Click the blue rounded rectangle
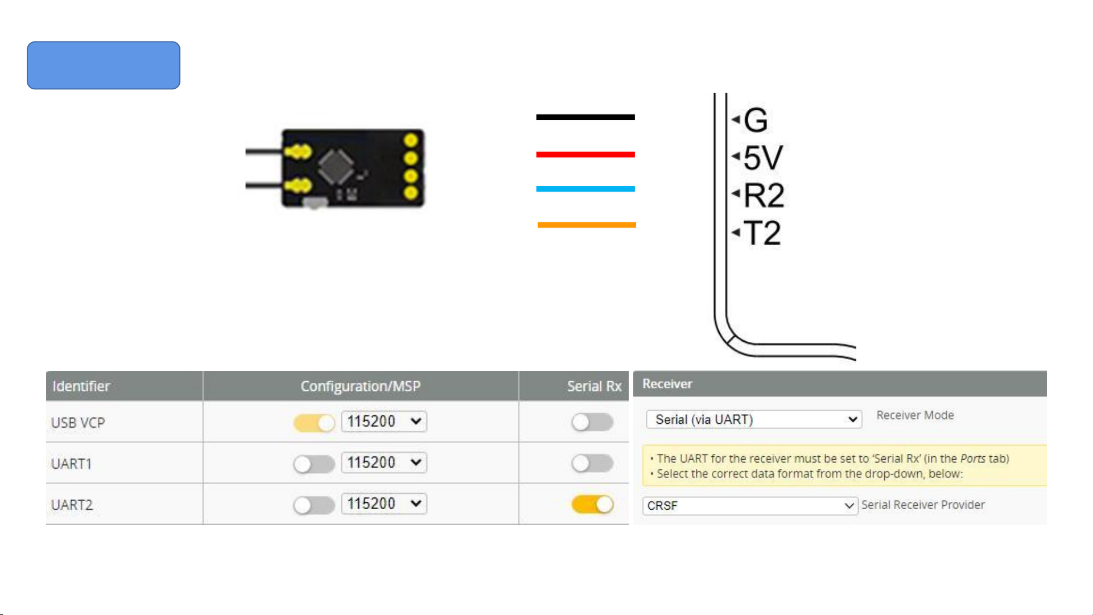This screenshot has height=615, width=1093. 104,65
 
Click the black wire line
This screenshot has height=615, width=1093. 585,117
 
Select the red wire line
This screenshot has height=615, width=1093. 585,154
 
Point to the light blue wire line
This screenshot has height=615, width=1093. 585,189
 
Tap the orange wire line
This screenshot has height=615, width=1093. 587,225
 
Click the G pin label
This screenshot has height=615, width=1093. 756,120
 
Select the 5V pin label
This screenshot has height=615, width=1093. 764,158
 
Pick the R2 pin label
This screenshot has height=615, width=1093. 764,195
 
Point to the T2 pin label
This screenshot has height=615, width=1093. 762,233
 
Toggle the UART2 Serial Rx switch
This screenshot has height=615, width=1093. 592,504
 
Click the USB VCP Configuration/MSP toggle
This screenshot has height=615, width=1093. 314,423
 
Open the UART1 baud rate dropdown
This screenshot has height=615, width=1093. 384,463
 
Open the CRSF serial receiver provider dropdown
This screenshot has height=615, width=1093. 750,505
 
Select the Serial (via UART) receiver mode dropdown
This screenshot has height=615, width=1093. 754,419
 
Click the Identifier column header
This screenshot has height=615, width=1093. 81,386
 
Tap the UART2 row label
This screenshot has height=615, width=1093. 72,505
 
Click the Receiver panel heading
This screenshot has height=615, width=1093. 667,383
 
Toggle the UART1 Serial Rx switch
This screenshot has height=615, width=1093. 592,463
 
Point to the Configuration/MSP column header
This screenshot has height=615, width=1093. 361,386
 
